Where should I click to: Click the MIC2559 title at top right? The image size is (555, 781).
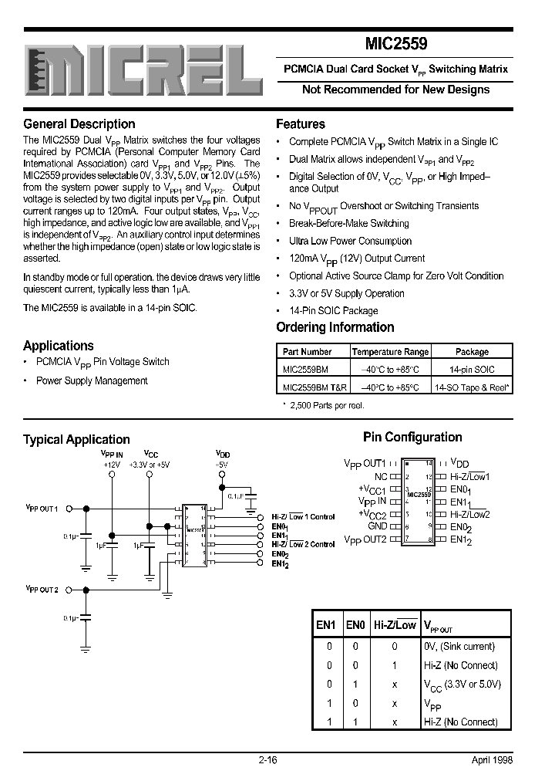395,45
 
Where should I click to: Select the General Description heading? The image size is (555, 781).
79,124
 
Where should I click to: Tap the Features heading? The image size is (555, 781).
301,124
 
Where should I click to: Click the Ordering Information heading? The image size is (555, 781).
335,327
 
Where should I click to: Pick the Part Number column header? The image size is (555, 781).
308,351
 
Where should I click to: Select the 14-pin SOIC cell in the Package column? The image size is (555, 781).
472,370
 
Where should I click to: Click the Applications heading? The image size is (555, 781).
59,346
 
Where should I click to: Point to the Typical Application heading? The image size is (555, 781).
76,439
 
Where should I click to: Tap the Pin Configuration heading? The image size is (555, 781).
412,437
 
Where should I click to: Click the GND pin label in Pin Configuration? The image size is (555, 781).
376,526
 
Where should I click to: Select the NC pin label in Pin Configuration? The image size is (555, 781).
381,477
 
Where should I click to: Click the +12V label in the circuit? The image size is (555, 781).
113,465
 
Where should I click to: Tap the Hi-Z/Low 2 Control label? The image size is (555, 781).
303,544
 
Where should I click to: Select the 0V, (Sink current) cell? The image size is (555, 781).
459,646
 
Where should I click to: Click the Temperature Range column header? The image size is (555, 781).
390,351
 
